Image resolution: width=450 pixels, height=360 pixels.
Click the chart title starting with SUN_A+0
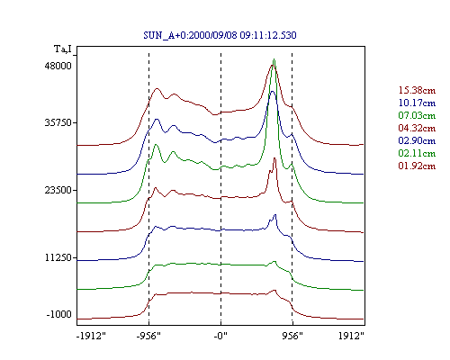point(220,35)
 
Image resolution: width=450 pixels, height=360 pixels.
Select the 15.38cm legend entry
point(417,90)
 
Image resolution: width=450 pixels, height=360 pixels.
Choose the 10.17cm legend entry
point(417,103)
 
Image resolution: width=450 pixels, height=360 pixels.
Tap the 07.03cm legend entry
point(417,115)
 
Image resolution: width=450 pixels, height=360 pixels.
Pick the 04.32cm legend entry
point(417,128)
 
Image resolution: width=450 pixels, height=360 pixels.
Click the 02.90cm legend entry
point(417,140)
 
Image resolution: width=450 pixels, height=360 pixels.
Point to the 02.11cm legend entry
point(417,153)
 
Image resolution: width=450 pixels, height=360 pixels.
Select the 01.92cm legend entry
point(417,166)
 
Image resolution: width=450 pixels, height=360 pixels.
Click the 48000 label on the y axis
point(58,66)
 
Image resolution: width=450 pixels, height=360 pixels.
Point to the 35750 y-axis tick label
point(58,122)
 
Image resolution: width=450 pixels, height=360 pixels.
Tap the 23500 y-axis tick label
point(58,190)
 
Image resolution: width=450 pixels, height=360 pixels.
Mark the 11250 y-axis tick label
point(58,257)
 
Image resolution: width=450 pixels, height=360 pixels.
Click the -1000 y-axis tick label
point(58,314)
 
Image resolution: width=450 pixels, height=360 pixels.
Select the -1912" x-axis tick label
point(91,336)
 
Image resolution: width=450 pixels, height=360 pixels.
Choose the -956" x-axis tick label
point(148,336)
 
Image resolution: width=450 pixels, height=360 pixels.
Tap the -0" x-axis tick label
point(220,336)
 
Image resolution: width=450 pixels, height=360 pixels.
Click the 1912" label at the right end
point(351,336)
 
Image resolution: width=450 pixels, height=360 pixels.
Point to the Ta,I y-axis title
point(63,49)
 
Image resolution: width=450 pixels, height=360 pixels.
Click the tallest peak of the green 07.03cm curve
point(274,59)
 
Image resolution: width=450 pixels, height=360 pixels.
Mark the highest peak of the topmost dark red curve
point(273,66)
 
